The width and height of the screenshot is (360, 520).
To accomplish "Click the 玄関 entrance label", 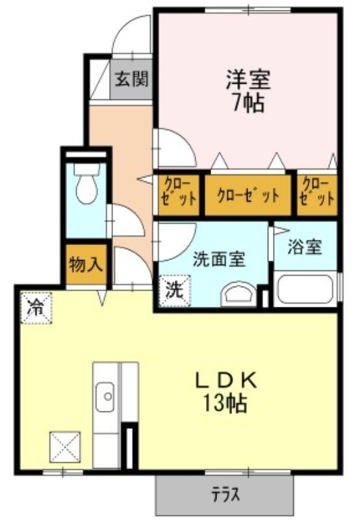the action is [132, 79].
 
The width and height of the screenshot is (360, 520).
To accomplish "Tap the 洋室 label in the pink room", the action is [248, 79].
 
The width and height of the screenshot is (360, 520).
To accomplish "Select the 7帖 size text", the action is [249, 103].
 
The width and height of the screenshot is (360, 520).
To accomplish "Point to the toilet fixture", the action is [87, 183].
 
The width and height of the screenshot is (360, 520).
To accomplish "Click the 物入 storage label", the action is [86, 265].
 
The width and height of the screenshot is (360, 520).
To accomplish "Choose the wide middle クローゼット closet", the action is [248, 196].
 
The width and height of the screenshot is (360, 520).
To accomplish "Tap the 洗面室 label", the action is [220, 259].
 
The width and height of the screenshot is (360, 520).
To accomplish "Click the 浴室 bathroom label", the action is [305, 246].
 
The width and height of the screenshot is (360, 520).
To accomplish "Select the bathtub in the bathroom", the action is [305, 289].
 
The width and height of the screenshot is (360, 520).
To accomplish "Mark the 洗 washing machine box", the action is [175, 291].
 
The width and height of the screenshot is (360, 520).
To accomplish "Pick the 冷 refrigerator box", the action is [36, 307].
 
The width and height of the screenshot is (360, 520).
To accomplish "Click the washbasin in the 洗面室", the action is [238, 294].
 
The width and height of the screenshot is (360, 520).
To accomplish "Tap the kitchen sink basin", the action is [105, 397].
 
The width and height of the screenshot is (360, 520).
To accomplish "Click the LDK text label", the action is [225, 382].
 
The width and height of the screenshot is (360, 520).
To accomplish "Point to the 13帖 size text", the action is [225, 403].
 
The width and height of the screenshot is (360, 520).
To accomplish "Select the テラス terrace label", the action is [225, 495].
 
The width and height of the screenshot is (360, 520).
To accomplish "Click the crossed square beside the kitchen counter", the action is [65, 447].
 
